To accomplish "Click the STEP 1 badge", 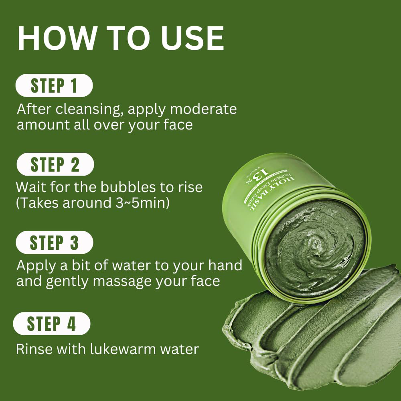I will tap(54, 86).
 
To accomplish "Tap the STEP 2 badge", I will tap(55, 164).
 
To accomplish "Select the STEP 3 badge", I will tap(54, 243).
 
